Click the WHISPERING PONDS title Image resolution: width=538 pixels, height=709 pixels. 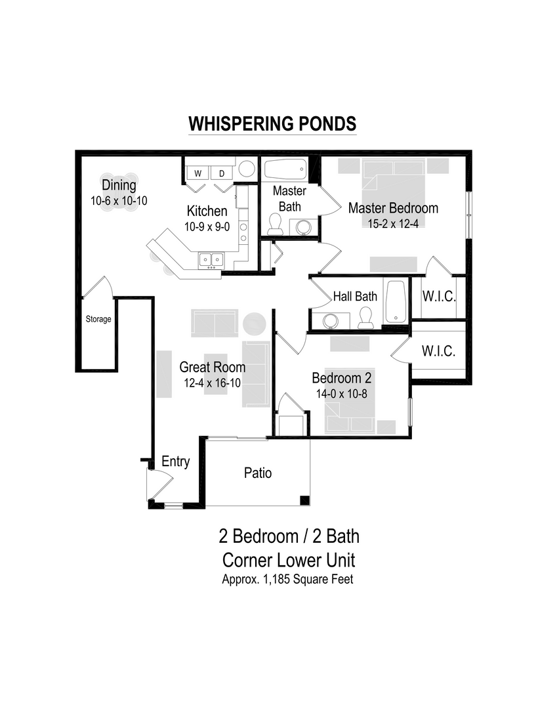click(272, 124)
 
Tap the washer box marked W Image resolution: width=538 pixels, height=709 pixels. click(197, 173)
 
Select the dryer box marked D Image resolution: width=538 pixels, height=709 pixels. click(222, 173)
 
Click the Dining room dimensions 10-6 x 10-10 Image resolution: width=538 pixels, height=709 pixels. click(119, 200)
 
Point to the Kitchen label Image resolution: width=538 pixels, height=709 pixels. click(207, 211)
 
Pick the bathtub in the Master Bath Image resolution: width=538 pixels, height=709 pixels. click(285, 171)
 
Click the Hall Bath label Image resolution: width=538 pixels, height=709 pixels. click(355, 296)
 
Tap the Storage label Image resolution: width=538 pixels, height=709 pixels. click(98, 320)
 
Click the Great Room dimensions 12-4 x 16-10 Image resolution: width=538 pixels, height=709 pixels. click(213, 383)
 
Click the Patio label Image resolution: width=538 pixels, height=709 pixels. click(258, 473)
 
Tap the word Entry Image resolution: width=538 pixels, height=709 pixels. click(175, 462)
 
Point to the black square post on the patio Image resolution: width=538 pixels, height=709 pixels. click(304, 501)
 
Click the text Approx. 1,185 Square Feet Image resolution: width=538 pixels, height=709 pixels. click(288, 580)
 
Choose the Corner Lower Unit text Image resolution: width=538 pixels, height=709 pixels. click(289, 560)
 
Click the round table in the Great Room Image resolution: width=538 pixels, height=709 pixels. click(254, 323)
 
